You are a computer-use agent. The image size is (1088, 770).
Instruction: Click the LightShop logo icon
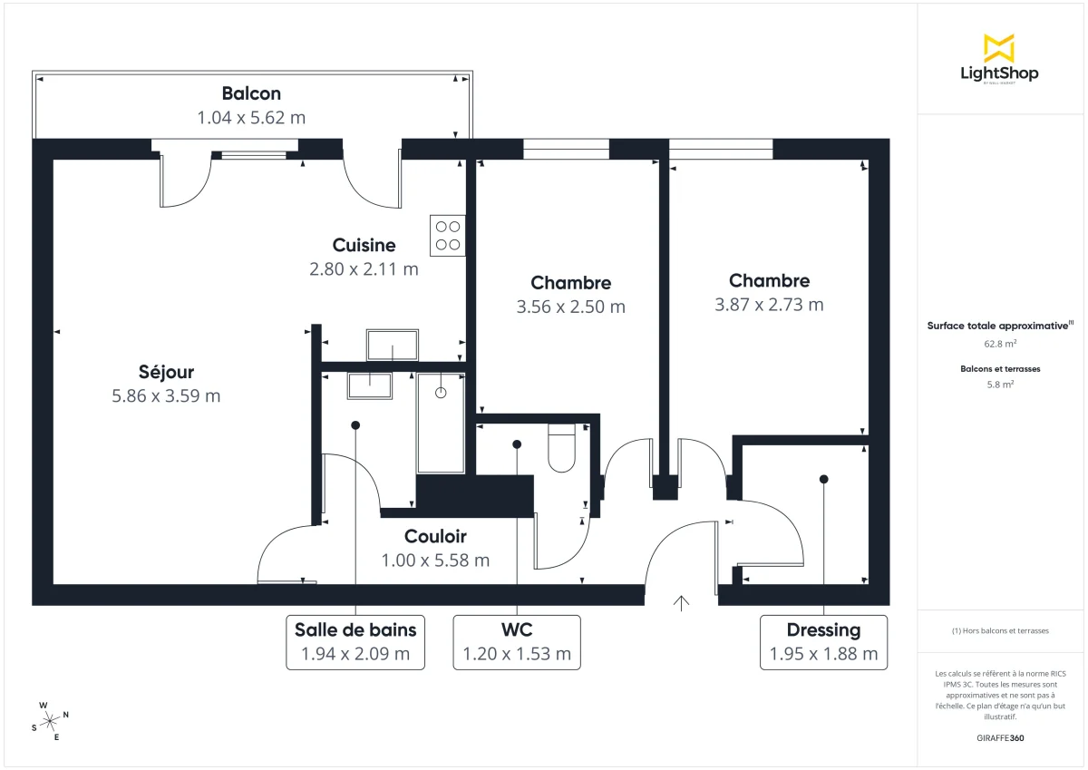pyautogui.click(x=999, y=48)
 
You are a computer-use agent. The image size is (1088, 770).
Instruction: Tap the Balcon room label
pyautogui.click(x=251, y=93)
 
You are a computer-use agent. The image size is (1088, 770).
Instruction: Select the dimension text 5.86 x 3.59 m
pyautogui.click(x=166, y=395)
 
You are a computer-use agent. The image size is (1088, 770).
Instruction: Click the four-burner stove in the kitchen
pyautogui.click(x=447, y=235)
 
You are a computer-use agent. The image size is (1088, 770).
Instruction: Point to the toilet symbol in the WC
pyautogui.click(x=562, y=448)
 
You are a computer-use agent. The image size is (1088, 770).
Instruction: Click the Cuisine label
pyautogui.click(x=364, y=245)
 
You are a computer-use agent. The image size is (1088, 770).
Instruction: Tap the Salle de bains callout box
pyautogui.click(x=355, y=641)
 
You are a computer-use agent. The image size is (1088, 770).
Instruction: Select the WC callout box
pyautogui.click(x=517, y=641)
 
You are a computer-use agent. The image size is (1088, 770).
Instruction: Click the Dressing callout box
pyautogui.click(x=823, y=641)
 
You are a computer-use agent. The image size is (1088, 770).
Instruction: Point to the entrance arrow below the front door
pyautogui.click(x=681, y=603)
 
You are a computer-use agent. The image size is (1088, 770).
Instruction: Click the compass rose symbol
pyautogui.click(x=50, y=721)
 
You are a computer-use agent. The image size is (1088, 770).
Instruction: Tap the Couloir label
pyautogui.click(x=435, y=536)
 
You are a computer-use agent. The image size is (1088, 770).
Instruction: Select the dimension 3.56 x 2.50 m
pyautogui.click(x=570, y=307)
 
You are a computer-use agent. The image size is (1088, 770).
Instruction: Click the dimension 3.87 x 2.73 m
pyautogui.click(x=769, y=305)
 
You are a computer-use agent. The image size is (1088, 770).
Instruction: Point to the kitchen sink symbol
pyautogui.click(x=393, y=345)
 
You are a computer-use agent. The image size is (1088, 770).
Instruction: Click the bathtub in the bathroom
pyautogui.click(x=441, y=422)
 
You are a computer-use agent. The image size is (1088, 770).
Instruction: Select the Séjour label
pyautogui.click(x=166, y=372)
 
